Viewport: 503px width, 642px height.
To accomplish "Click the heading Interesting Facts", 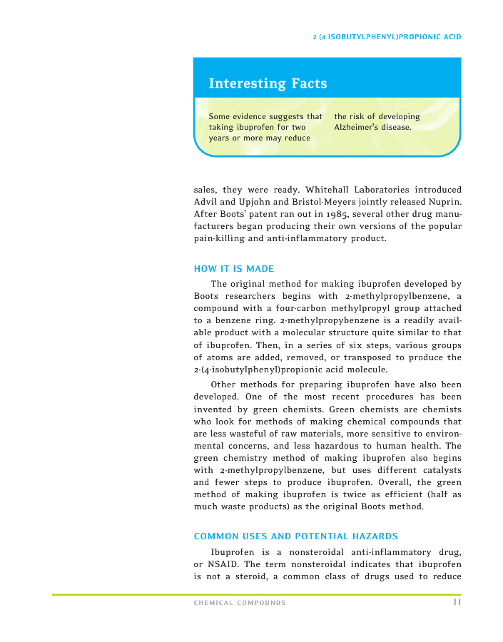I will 268,83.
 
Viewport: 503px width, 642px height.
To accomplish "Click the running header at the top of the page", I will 387,36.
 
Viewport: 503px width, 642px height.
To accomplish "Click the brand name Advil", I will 206,201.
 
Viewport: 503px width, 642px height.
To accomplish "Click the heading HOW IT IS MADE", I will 234,269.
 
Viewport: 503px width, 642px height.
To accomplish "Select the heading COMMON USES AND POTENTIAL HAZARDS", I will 296,536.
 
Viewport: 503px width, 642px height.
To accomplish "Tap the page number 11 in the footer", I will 456,602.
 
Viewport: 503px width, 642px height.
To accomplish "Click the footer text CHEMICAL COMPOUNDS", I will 240,603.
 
